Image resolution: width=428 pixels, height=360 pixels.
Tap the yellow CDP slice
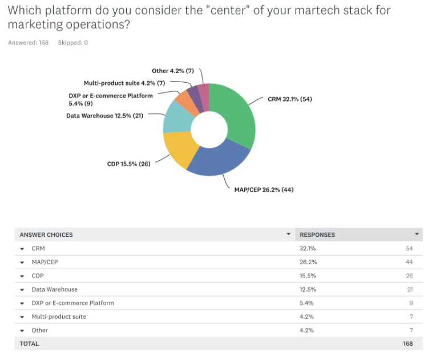179,149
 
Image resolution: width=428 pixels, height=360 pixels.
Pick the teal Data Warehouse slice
176,116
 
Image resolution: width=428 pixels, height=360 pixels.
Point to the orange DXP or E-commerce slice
185,100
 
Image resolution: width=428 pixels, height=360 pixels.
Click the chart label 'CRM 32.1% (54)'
290,99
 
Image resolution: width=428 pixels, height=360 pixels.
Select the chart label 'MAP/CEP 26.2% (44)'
264,189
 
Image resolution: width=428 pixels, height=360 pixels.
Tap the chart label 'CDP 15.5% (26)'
128,164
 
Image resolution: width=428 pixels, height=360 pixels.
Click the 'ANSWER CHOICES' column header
46,234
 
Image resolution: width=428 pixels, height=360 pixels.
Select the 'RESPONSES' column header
317,234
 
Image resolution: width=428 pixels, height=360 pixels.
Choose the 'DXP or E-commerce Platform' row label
72,303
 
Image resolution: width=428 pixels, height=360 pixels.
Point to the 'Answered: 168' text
28,43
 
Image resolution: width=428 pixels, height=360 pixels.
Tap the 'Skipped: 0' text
72,43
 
